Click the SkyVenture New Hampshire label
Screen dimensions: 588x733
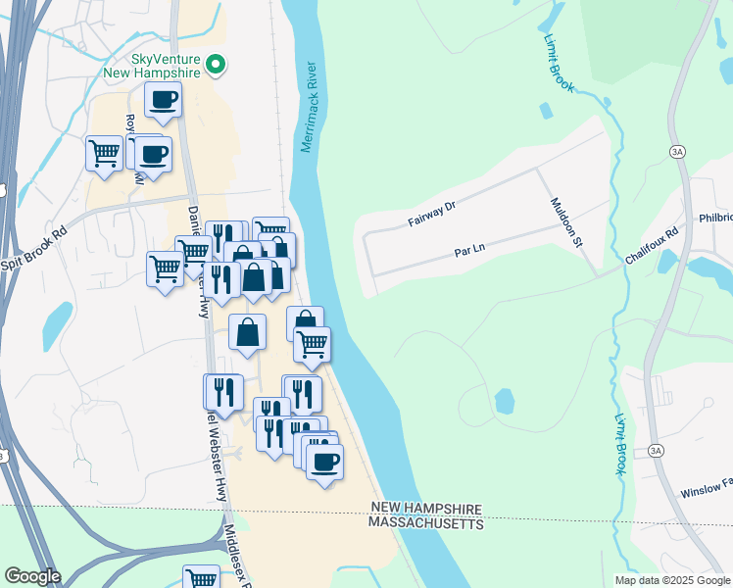tap(151, 65)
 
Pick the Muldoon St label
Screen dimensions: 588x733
tap(563, 221)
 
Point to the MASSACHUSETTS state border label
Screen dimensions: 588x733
tap(426, 524)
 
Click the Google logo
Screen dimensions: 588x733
tap(32, 576)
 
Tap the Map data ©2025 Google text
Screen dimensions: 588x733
tap(671, 580)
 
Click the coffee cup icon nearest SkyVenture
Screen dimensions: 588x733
tap(164, 99)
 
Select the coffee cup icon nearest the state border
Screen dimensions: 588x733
tap(324, 461)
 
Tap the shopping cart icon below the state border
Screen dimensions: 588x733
tap(201, 578)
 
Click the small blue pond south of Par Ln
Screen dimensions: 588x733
tap(504, 401)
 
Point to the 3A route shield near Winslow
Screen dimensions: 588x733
tap(656, 451)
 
